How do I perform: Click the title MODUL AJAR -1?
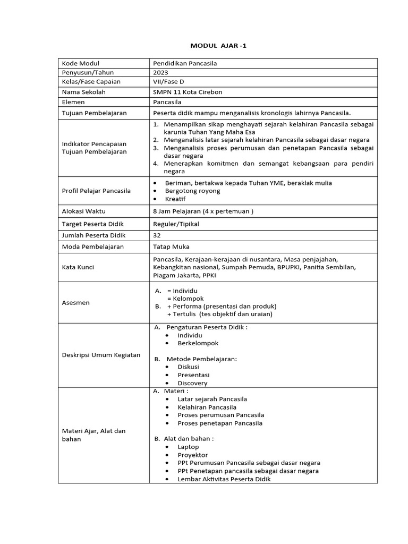218,46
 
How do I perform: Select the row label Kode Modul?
81,63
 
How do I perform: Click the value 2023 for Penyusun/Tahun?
159,73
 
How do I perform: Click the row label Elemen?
74,101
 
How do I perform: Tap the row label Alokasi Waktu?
83,211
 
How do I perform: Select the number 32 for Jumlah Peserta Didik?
157,235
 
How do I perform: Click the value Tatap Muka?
171,246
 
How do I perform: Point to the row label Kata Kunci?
78,267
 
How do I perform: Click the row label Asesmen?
76,302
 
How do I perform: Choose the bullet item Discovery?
192,383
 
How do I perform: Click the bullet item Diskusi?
189,367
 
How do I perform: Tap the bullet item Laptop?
188,447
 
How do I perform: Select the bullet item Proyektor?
193,455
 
